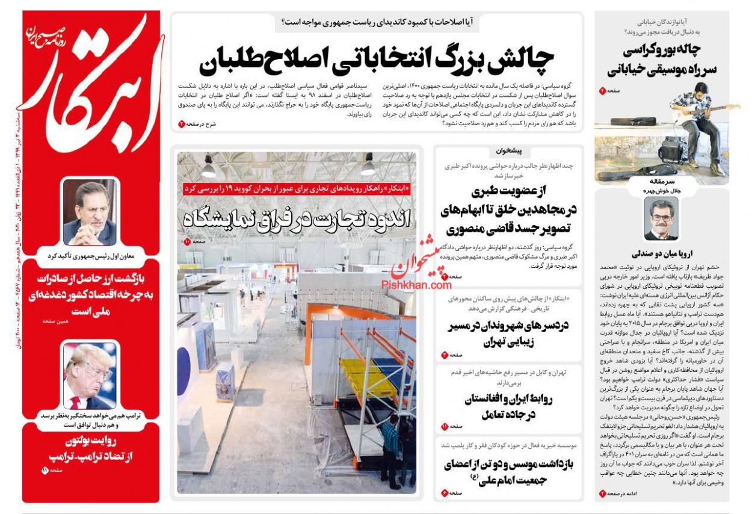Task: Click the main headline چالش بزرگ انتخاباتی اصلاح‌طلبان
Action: (x=376, y=58)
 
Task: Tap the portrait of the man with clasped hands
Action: (x=90, y=214)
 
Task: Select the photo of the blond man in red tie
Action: (x=90, y=376)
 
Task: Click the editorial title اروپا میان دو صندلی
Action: (x=661, y=253)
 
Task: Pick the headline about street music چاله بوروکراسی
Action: (x=662, y=59)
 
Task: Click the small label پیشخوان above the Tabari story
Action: (x=509, y=152)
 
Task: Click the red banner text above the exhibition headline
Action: (x=297, y=188)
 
